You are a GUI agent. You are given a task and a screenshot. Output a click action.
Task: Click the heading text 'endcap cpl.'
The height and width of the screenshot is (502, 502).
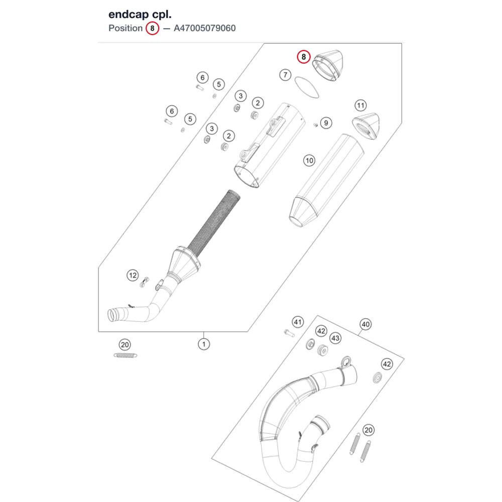point(140,15)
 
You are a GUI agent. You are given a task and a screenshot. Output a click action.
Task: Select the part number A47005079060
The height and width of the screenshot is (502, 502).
point(205,28)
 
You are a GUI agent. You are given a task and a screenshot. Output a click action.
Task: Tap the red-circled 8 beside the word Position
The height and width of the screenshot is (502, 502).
point(153,28)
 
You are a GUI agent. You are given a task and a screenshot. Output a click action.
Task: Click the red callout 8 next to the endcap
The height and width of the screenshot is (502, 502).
point(304,57)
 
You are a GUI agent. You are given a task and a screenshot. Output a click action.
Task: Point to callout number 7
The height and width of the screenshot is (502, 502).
point(285,75)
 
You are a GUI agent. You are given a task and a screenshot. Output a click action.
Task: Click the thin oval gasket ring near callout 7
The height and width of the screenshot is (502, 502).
point(307,87)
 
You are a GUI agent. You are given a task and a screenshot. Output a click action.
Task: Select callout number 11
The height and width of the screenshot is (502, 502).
point(360,105)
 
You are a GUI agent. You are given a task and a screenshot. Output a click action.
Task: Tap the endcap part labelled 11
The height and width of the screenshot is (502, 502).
point(366,126)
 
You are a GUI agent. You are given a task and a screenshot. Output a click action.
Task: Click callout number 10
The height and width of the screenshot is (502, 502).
point(309,161)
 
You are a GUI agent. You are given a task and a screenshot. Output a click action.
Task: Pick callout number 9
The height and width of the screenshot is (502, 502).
point(326,123)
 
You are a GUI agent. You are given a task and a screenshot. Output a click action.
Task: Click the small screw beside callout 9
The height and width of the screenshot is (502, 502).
point(315,125)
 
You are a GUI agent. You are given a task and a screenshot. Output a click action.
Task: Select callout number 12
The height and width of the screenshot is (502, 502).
point(133,275)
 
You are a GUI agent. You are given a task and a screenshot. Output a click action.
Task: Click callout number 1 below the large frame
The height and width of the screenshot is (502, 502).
point(204,344)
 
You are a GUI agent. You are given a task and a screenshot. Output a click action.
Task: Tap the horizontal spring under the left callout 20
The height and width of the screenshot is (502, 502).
point(125,355)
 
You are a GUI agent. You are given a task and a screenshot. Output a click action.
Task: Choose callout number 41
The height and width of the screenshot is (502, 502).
point(298,322)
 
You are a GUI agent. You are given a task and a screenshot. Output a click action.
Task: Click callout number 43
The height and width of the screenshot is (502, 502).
point(335,338)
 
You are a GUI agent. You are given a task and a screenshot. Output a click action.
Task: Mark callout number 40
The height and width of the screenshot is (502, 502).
point(365,324)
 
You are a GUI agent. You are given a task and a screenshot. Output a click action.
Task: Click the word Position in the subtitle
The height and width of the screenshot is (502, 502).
point(125,28)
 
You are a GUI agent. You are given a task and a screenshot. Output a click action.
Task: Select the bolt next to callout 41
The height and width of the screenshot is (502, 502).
point(289,333)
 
